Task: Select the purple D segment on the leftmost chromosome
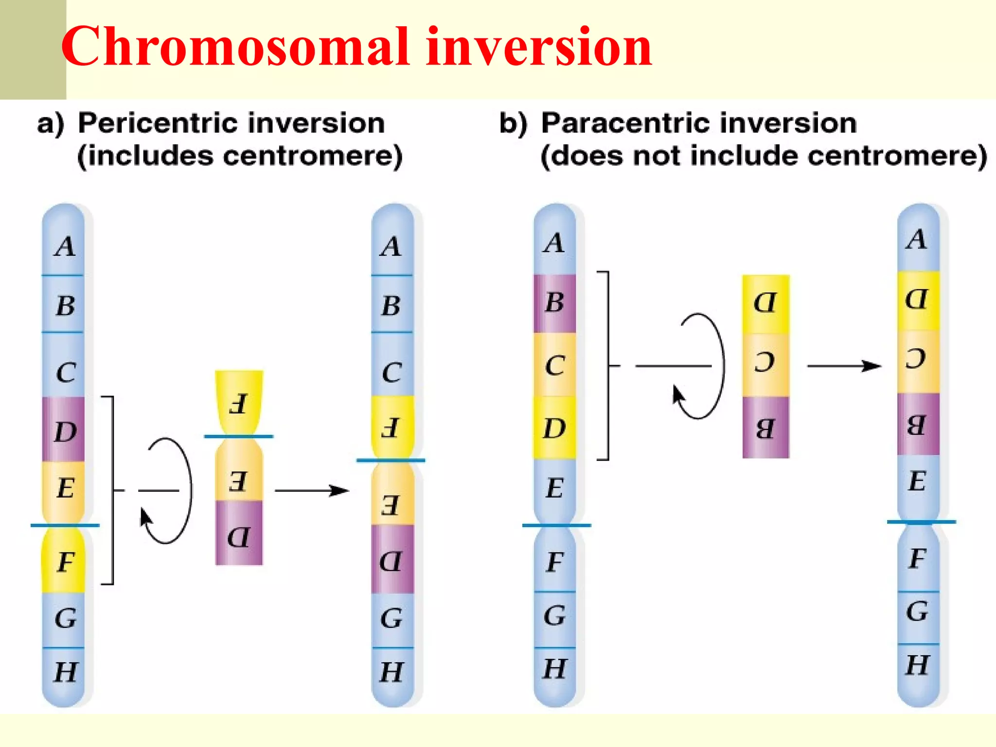[64, 430]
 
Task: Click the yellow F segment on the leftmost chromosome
[64, 562]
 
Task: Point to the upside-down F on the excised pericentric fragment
[238, 404]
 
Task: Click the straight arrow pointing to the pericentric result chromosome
[311, 490]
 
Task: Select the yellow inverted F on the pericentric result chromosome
[392, 427]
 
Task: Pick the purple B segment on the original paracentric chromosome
[554, 303]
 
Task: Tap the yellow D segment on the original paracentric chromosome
[554, 428]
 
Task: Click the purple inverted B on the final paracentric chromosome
[917, 425]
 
